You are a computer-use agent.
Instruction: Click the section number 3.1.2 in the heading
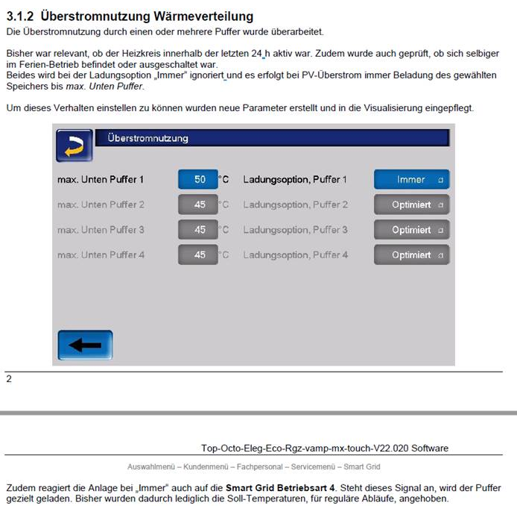coord(21,16)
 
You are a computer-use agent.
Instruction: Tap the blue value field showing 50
coord(198,180)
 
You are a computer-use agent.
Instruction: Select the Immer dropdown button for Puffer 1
coord(411,180)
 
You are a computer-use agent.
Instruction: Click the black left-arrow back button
coord(85,346)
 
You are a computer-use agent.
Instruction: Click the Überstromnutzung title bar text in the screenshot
coord(148,138)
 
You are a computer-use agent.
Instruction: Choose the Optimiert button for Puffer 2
coord(411,204)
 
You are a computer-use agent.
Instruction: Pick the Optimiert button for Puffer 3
coord(411,230)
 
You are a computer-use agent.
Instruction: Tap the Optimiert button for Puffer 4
coord(411,255)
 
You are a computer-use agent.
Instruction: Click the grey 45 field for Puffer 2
coord(198,204)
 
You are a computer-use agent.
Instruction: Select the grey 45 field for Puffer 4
coord(198,255)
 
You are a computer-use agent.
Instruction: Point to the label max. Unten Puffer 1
coord(101,180)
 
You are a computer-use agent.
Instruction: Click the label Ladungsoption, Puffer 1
coord(295,180)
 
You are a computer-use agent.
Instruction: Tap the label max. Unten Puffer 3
coord(101,230)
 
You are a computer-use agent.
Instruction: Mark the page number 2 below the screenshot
coord(9,379)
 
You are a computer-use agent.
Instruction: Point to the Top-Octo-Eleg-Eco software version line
coord(325,448)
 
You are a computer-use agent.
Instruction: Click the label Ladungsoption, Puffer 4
coord(295,255)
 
